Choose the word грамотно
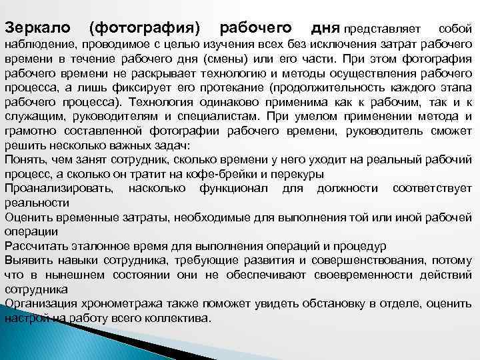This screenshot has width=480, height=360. pos(29,131)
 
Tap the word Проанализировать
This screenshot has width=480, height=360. pos(59,189)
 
